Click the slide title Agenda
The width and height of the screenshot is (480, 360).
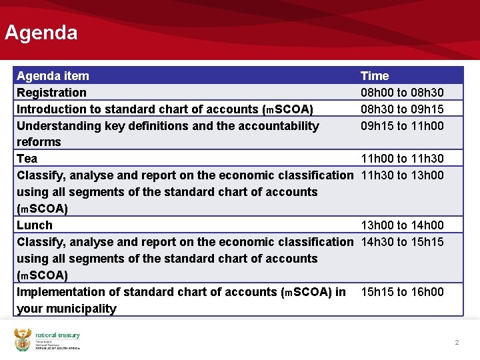(41, 33)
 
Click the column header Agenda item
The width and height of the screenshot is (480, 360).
(53, 76)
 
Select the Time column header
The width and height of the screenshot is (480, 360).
(375, 76)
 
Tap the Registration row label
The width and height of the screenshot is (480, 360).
(51, 93)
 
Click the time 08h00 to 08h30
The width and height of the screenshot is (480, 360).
(402, 93)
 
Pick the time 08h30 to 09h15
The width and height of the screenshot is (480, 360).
(402, 109)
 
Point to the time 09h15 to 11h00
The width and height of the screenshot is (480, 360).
(402, 126)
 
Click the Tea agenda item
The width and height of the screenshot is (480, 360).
(27, 159)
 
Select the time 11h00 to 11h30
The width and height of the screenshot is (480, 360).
(402, 159)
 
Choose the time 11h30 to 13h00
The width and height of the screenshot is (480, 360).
(402, 175)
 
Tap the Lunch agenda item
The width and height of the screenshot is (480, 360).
(35, 225)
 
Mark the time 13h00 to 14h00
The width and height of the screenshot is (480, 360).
(402, 225)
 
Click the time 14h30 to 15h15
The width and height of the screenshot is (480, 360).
(402, 242)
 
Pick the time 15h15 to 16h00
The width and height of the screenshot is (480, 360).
(402, 292)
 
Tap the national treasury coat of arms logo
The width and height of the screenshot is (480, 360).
(23, 339)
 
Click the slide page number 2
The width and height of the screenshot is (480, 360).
(457, 343)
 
